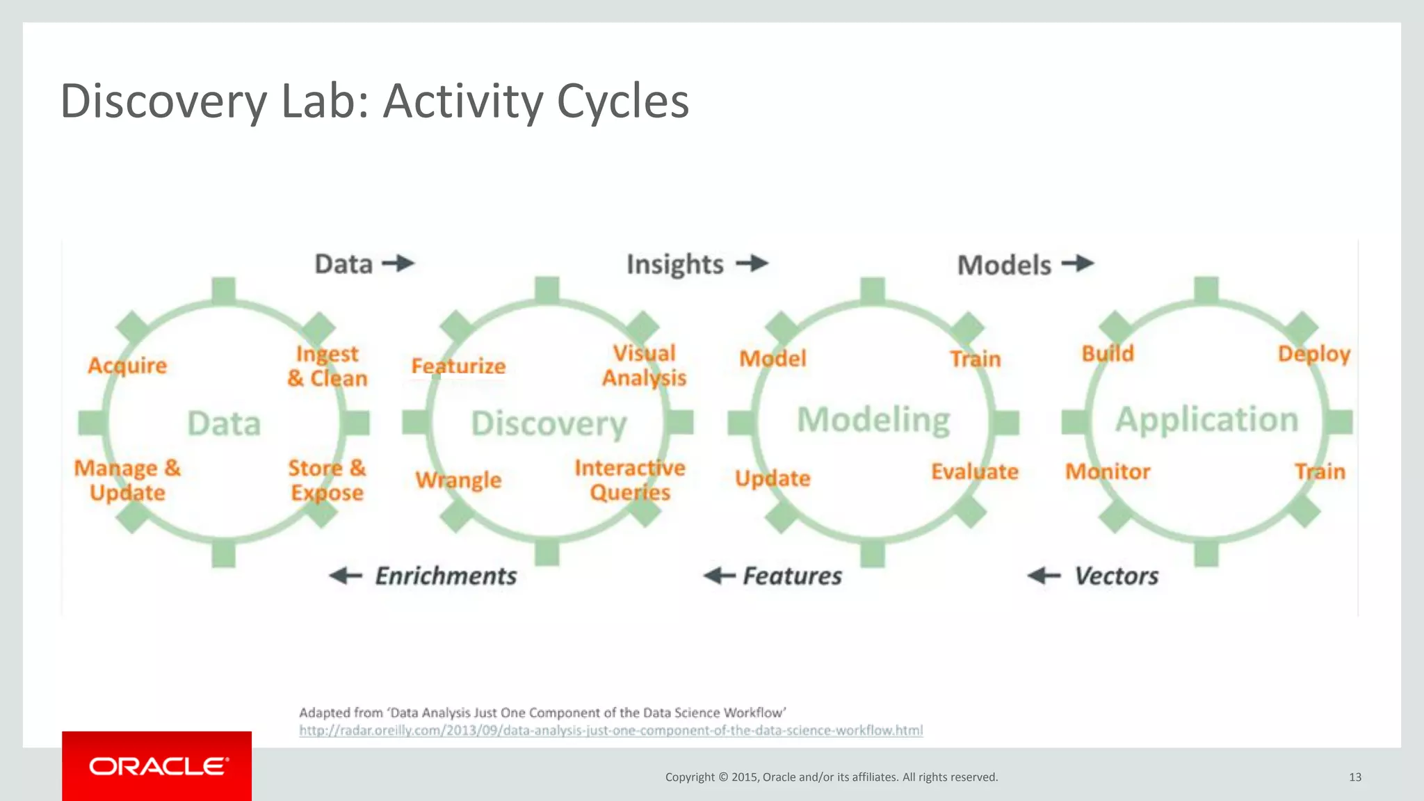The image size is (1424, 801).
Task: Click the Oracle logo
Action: (158, 766)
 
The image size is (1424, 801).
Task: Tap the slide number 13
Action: (1354, 777)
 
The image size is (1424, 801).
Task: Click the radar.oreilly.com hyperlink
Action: (610, 731)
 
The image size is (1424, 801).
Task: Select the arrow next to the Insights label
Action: (752, 264)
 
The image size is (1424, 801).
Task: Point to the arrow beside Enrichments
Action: (346, 576)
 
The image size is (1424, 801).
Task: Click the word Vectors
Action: (1116, 576)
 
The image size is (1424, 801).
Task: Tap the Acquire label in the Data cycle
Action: (127, 366)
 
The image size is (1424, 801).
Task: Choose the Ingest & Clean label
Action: (327, 366)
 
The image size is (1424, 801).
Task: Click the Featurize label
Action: (458, 366)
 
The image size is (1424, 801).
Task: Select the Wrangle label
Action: (458, 480)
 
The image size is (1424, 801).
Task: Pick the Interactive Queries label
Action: (630, 480)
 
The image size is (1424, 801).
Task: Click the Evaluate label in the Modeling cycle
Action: (974, 472)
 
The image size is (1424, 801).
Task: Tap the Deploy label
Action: (1313, 354)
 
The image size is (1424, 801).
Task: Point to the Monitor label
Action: (1108, 472)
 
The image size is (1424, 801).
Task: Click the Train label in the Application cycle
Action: (1320, 472)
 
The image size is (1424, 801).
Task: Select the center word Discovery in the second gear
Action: (549, 423)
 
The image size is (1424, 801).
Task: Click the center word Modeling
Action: (873, 420)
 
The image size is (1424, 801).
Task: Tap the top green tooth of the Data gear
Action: (223, 290)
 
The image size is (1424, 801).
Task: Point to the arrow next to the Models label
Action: (1078, 264)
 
